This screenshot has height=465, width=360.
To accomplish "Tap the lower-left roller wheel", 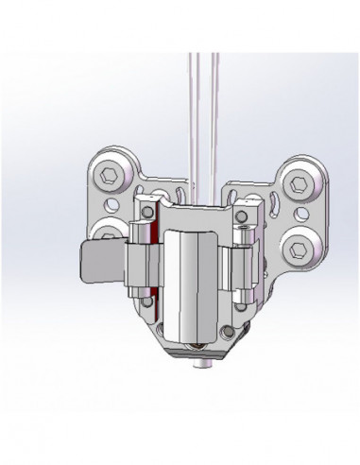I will coord(110,233).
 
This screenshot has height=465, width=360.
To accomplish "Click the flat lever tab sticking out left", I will coord(98,261).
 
